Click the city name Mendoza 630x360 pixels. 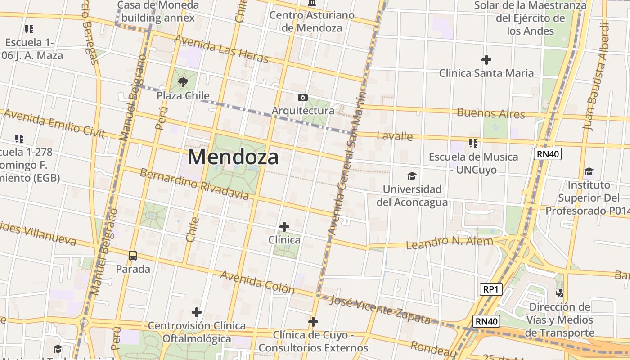[x=233, y=157]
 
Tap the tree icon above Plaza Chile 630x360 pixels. [x=183, y=82]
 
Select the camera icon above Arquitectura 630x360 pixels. [x=303, y=97]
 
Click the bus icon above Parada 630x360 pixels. [x=133, y=256]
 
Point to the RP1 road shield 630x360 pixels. [x=490, y=289]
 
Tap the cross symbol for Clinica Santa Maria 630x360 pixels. [x=486, y=59]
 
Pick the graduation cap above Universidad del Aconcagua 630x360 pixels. [x=412, y=176]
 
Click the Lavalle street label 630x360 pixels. [x=395, y=136]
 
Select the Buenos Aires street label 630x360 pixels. [x=490, y=113]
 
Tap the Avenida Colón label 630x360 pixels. [x=257, y=282]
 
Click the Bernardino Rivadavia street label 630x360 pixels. [x=194, y=184]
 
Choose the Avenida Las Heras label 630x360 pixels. [x=221, y=49]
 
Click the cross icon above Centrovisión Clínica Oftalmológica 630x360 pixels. [x=196, y=312]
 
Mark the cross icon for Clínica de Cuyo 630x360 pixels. [x=313, y=322]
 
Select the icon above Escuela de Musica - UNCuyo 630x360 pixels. [x=473, y=144]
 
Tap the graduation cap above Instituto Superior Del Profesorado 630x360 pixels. [x=589, y=171]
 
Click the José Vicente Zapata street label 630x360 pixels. [x=380, y=310]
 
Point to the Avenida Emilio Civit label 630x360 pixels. [x=54, y=124]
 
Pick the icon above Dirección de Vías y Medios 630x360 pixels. [x=559, y=293]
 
